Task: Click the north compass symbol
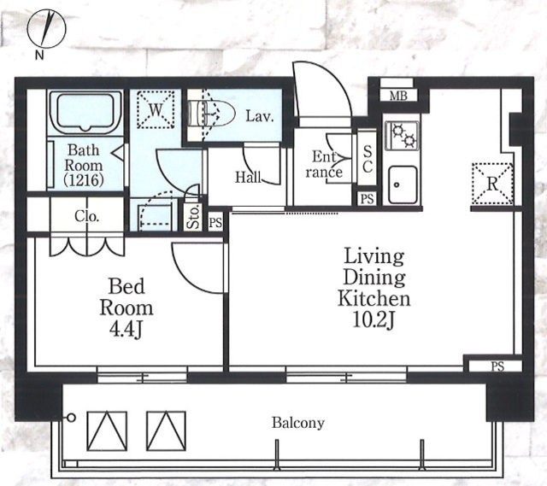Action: [46, 28]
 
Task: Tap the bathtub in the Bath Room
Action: [85, 112]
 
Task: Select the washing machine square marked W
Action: [156, 109]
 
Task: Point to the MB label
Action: [398, 96]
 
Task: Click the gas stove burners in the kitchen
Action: [402, 136]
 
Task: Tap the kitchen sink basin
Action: [403, 184]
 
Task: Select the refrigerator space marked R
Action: [492, 184]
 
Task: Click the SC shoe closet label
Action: [368, 159]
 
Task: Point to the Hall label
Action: [248, 177]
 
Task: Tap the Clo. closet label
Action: [86, 216]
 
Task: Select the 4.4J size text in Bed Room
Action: [126, 330]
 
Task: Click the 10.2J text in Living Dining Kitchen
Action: [373, 319]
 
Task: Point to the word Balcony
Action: [298, 423]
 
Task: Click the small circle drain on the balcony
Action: [71, 418]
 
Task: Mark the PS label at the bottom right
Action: [497, 366]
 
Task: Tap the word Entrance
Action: [325, 165]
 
